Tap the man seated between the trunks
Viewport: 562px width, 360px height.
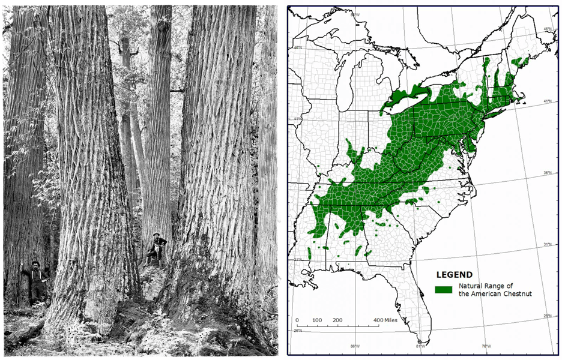tap(157, 247)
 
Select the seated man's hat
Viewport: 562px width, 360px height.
tap(157, 235)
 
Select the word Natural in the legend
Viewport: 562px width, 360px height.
tap(471, 286)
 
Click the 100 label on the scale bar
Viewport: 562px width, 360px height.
tap(318, 320)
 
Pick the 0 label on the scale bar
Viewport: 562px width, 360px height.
tap(297, 320)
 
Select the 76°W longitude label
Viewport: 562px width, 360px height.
tap(486, 347)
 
